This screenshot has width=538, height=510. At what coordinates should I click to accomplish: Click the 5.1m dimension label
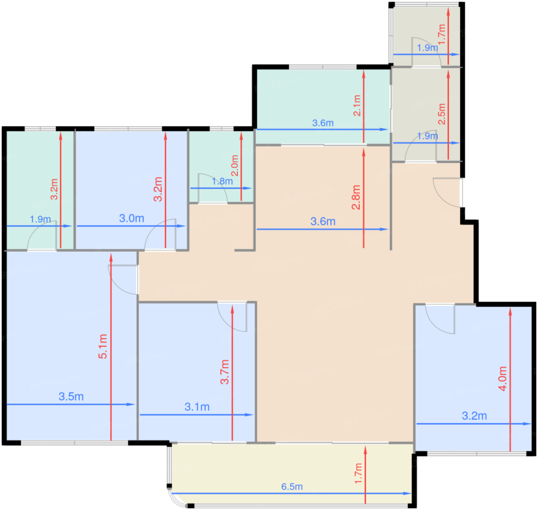[103, 346]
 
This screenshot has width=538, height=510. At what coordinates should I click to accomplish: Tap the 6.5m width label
[292, 487]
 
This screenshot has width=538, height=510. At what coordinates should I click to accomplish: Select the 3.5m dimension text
[71, 396]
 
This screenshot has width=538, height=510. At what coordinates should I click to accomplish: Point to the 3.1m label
[197, 407]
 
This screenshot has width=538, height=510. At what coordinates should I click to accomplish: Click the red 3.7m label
[224, 372]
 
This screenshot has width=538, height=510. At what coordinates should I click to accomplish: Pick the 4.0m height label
[503, 379]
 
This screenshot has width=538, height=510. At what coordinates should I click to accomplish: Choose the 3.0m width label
[131, 218]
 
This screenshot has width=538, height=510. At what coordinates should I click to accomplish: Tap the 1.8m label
[222, 181]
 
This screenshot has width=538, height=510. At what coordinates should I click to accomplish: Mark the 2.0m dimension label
[234, 166]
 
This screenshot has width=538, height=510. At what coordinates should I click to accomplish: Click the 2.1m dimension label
[357, 105]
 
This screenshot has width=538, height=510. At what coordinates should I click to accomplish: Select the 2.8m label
[356, 197]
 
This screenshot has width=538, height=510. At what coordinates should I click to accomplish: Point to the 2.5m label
[442, 114]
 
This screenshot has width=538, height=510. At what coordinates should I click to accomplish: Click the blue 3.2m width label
[474, 416]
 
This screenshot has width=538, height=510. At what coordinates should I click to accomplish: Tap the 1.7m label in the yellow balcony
[358, 474]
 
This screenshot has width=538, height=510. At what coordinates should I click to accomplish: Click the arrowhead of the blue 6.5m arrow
[407, 493]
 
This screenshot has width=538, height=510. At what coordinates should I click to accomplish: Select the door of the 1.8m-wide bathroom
[213, 189]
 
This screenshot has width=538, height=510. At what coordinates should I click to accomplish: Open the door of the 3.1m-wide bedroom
[232, 317]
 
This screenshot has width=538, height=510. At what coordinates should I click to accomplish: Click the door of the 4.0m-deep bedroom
[440, 319]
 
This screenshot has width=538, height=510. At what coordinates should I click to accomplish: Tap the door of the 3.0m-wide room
[160, 235]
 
